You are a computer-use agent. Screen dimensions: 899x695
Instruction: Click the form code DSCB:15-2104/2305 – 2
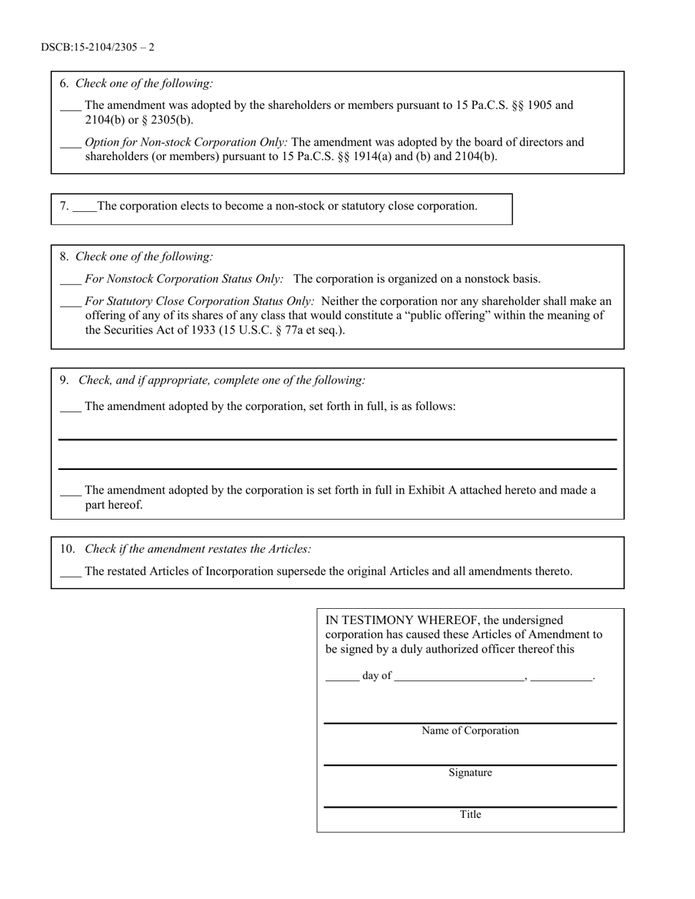point(97,48)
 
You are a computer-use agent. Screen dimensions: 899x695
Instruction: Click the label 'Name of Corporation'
point(470,731)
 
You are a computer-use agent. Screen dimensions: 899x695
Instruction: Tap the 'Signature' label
point(470,773)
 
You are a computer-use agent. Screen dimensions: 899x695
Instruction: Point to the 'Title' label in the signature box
point(470,814)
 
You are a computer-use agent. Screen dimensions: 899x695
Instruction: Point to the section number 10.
point(67,549)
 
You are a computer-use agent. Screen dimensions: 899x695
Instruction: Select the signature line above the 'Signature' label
point(470,765)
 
